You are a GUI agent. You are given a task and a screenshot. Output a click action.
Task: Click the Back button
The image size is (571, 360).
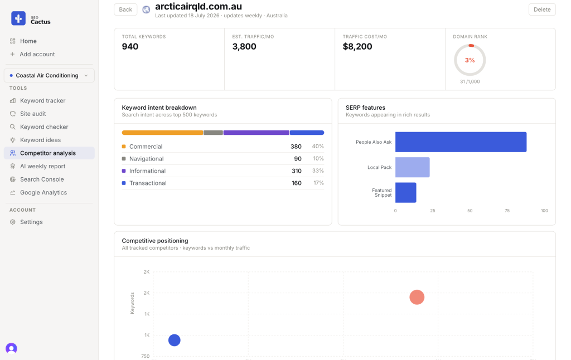(125, 9)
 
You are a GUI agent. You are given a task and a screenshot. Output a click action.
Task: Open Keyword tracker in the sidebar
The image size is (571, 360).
(42, 100)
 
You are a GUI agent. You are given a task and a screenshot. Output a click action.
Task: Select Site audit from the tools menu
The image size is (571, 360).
(33, 114)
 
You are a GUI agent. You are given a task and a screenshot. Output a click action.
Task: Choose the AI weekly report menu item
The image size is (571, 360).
(42, 166)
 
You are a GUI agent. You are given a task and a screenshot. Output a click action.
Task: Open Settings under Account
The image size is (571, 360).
(31, 222)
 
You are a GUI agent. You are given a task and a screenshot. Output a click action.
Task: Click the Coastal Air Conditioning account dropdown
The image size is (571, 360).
(49, 75)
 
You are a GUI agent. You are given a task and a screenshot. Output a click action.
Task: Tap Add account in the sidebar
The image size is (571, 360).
(37, 54)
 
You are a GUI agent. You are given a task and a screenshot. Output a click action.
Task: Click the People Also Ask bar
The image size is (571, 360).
(461, 142)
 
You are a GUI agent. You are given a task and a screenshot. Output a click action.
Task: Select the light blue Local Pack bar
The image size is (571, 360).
(413, 167)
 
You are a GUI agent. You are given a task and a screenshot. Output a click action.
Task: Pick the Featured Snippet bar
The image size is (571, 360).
(406, 193)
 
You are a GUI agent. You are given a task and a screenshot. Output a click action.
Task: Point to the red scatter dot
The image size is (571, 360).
(417, 297)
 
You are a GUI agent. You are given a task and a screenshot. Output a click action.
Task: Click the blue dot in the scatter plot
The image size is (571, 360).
(175, 340)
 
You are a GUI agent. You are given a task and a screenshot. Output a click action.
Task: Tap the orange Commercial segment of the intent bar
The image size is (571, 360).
(162, 133)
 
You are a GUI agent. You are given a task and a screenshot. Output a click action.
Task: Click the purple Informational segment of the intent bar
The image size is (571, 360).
(257, 133)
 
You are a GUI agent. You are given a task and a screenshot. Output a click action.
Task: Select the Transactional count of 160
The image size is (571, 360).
(297, 183)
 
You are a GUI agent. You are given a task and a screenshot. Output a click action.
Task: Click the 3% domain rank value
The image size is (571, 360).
(470, 60)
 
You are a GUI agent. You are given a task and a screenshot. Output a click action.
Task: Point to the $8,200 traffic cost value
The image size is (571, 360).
(357, 47)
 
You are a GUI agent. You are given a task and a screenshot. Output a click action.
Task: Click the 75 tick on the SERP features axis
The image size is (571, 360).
(507, 211)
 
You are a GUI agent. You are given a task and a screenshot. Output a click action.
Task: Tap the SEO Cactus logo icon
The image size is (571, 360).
(18, 18)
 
